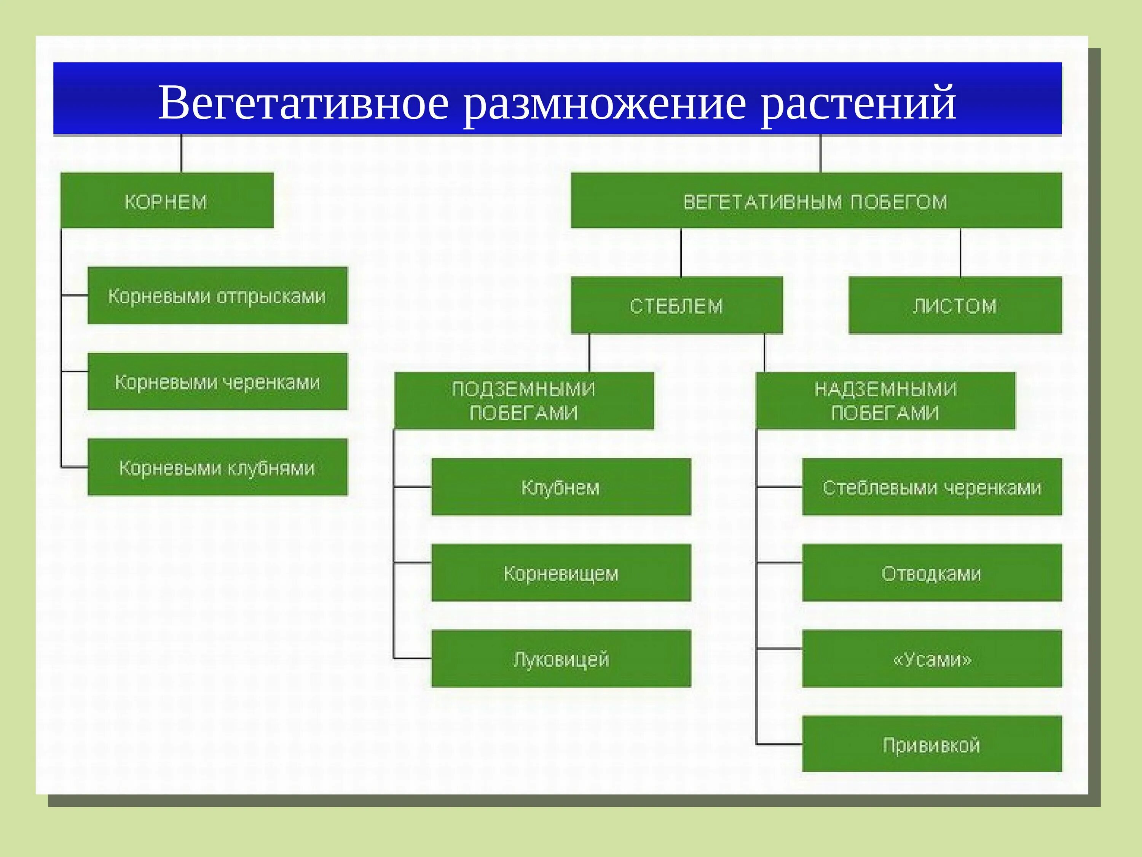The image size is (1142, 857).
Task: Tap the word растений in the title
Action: (858, 103)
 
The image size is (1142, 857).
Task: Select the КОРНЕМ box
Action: (167, 200)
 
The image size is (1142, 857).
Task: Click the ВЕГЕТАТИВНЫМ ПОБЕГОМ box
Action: (816, 200)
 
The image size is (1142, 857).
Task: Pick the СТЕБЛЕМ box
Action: (676, 305)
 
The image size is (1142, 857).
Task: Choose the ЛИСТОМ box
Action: (955, 305)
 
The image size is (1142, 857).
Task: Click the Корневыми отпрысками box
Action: (217, 296)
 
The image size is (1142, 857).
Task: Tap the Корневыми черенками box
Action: (217, 381)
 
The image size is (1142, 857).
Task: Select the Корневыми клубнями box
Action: (217, 467)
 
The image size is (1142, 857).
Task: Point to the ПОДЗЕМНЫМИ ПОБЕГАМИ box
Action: (524, 400)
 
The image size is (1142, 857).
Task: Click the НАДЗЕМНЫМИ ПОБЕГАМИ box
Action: (885, 400)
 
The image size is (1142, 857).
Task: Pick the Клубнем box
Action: (561, 487)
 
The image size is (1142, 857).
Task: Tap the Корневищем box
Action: (561, 572)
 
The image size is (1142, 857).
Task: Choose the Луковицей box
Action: (561, 658)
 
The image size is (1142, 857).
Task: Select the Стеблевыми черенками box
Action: (932, 487)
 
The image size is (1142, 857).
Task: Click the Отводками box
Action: (932, 572)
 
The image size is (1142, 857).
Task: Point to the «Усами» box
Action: (932, 658)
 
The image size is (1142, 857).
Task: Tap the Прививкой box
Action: (932, 744)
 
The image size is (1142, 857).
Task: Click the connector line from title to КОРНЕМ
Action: (181, 154)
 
